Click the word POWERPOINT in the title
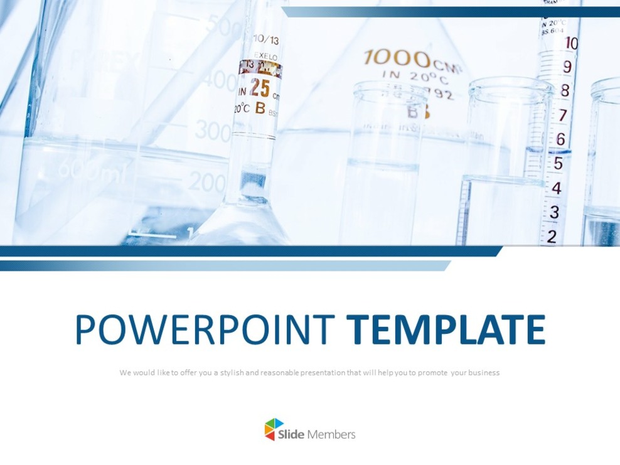click(x=205, y=329)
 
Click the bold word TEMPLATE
click(x=446, y=329)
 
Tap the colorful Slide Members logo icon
click(x=274, y=429)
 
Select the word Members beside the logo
click(x=332, y=434)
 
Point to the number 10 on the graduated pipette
click(x=571, y=43)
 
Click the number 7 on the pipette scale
click(x=562, y=115)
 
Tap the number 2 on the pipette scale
click(x=552, y=236)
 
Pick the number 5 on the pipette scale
click(x=557, y=163)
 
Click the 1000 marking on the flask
click(x=397, y=59)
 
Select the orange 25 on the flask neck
click(x=259, y=88)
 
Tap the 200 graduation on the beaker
click(x=206, y=182)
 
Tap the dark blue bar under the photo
click(x=251, y=251)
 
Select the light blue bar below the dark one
click(x=226, y=265)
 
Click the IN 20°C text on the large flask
click(x=415, y=78)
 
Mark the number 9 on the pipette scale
click(x=567, y=67)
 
